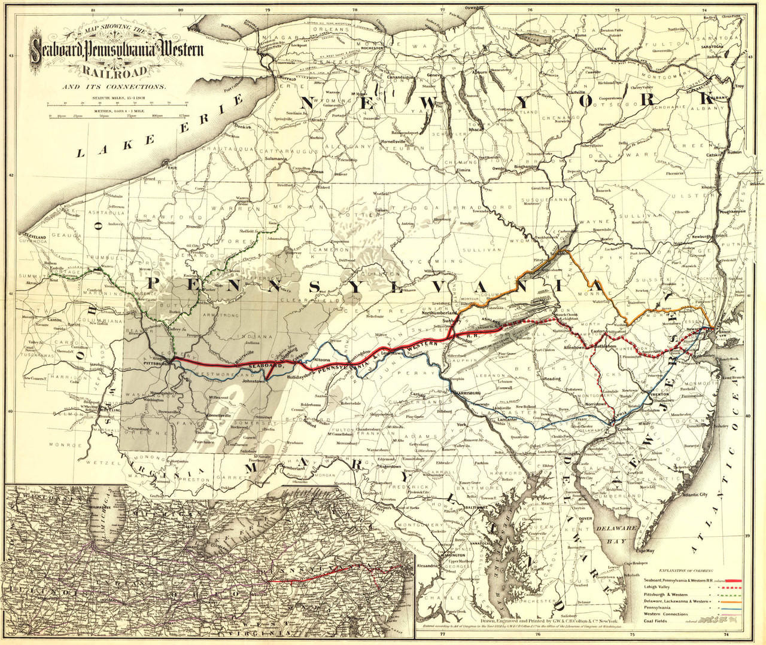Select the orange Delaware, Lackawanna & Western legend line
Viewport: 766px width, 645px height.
pyautogui.click(x=732, y=606)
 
